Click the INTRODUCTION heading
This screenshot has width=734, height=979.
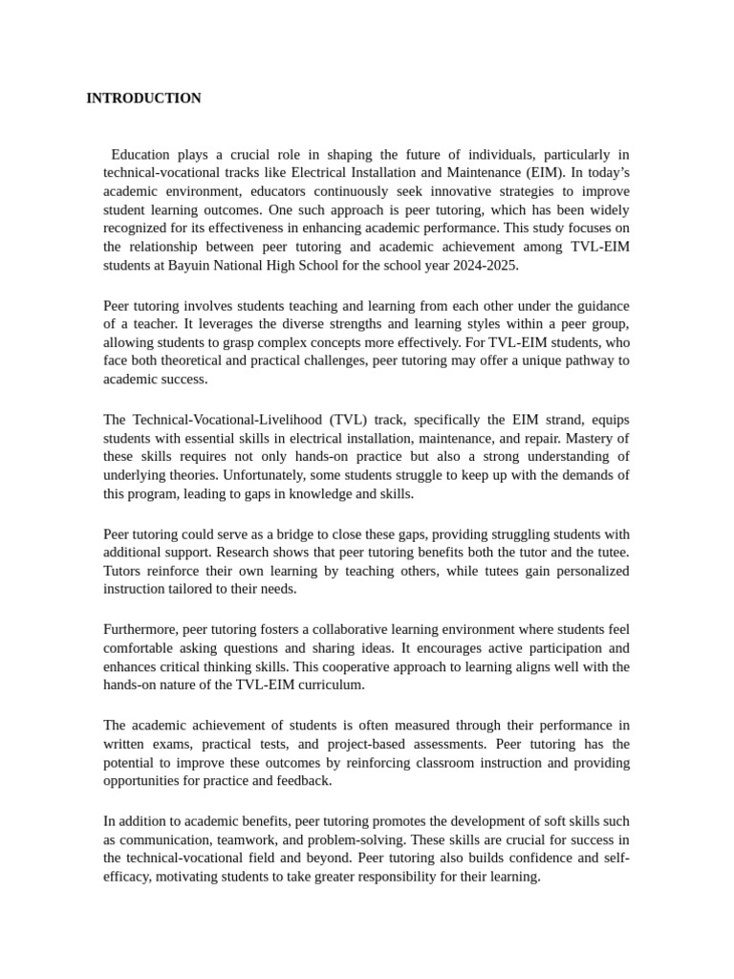[x=143, y=98]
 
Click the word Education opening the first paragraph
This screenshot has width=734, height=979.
[x=140, y=155]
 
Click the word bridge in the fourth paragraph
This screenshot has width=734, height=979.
[x=272, y=534]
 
